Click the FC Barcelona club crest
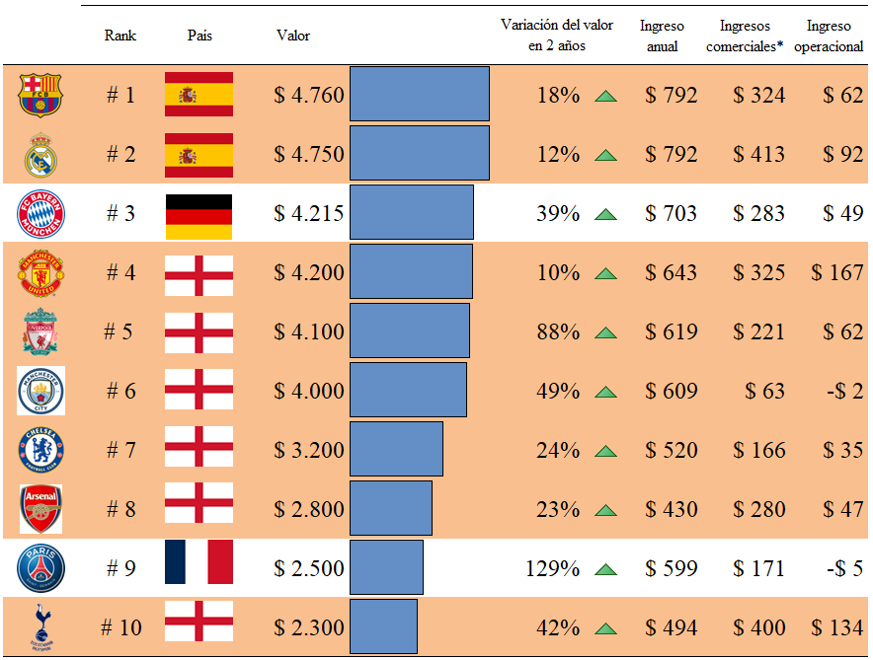(x=40, y=95)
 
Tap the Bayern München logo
(x=40, y=214)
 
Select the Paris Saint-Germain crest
(x=40, y=569)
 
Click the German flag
(x=198, y=214)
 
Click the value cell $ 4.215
(x=309, y=214)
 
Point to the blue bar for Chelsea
(x=396, y=450)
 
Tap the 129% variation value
(x=553, y=569)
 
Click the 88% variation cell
(x=559, y=332)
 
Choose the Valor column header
(x=293, y=37)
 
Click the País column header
(x=198, y=37)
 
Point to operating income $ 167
(x=836, y=273)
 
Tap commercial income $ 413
(x=759, y=155)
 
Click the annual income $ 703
(x=671, y=214)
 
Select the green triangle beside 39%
(x=605, y=214)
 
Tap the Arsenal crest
(x=40, y=509)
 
